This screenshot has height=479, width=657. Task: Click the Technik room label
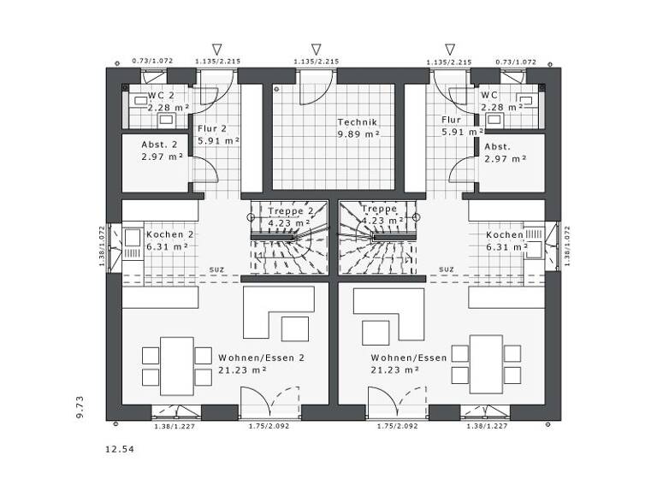point(357,122)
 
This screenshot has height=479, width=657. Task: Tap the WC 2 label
point(160,95)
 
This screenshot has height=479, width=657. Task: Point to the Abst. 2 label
point(159,145)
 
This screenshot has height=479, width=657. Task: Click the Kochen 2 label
point(170,234)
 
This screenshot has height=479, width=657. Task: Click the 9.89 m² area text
point(358,134)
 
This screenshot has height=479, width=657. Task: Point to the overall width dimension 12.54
point(119,448)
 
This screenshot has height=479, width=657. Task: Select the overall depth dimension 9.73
point(79,406)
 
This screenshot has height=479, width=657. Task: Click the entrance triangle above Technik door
point(316,50)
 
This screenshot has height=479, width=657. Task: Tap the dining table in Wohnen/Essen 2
point(176,365)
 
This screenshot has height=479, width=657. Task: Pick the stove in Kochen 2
point(133,243)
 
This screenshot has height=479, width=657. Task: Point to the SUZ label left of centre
point(216,269)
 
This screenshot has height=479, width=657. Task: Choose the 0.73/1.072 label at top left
point(152,62)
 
